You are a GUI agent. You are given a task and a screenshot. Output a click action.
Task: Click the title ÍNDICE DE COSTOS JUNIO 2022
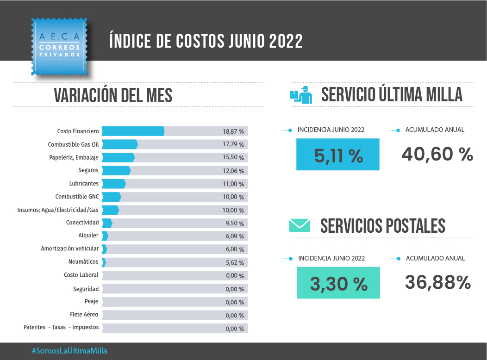click(206, 41)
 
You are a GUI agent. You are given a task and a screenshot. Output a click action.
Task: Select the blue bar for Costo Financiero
click(133, 131)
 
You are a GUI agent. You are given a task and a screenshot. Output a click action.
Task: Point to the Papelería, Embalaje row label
click(74, 157)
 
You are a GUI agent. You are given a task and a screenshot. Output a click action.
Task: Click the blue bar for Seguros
click(116, 170)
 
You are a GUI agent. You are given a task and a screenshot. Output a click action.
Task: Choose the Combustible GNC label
click(77, 197)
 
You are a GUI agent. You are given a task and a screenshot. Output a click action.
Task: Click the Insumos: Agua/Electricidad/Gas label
click(58, 210)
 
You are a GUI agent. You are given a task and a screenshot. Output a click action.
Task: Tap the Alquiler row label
click(88, 236)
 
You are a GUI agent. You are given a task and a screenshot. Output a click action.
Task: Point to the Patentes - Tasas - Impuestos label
click(61, 327)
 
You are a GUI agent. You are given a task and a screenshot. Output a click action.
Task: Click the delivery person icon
click(301, 94)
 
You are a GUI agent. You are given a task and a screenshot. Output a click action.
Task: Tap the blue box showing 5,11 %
click(338, 155)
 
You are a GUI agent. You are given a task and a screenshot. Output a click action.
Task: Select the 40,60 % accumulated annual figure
click(437, 154)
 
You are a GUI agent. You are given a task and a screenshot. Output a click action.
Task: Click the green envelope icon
click(299, 225)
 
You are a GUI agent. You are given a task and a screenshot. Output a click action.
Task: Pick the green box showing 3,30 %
click(338, 283)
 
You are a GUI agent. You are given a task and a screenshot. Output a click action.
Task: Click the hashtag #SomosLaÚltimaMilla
click(69, 351)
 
